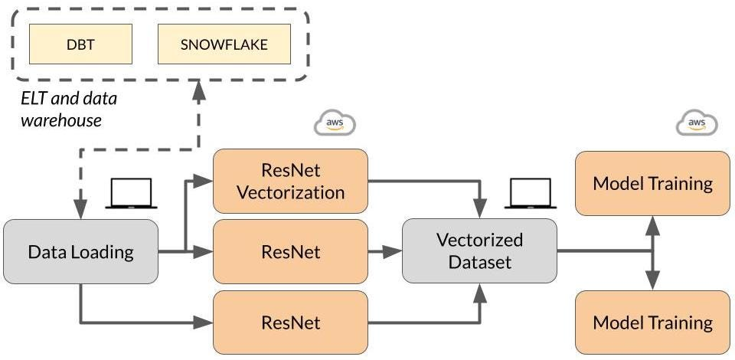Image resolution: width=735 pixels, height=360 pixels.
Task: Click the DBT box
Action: pos(80,44)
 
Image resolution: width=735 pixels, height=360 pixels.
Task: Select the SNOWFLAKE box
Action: pos(224,44)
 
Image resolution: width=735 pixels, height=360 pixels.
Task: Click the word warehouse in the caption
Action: pos(61,121)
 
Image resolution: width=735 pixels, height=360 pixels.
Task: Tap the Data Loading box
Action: pos(80,251)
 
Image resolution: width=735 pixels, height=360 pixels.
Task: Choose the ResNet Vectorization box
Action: pos(290,181)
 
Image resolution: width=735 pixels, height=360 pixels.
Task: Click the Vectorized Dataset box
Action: pos(479,250)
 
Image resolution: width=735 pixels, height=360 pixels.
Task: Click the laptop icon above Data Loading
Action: pos(132,194)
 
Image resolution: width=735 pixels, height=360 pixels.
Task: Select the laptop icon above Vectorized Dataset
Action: pos(528,194)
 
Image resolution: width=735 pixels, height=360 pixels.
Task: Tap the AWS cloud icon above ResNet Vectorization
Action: pos(335,123)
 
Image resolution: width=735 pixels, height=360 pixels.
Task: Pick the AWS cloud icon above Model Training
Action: pos(697,123)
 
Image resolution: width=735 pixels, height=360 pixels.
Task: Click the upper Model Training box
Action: pos(653,184)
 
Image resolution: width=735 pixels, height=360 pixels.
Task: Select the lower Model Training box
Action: pos(653,322)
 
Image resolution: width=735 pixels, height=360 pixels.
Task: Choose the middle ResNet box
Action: pos(290,250)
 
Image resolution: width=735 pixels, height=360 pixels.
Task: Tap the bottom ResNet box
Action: pos(290,322)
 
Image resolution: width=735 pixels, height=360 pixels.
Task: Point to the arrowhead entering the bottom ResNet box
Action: pos(206,322)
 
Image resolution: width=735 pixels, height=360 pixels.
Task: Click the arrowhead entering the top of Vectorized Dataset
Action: pos(480,210)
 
